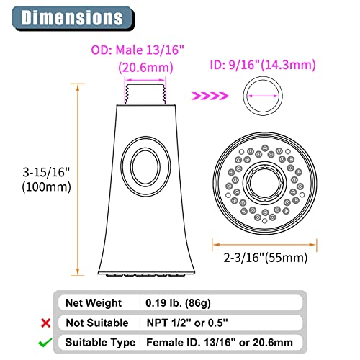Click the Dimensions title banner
(73, 18)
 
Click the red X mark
(45, 323)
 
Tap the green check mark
(45, 342)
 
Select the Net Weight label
(94, 303)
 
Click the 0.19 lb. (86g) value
(178, 303)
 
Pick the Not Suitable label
(97, 323)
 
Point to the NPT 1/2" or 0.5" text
(187, 323)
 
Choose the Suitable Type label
(100, 343)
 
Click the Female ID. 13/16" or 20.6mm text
(220, 343)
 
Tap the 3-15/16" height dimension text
(46, 172)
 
